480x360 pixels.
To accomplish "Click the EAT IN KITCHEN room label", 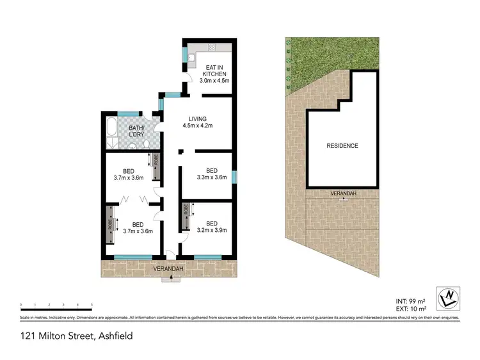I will pos(216,74).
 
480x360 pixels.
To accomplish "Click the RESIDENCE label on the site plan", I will pos(342,146).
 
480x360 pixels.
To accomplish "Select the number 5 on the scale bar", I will pos(92,304).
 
